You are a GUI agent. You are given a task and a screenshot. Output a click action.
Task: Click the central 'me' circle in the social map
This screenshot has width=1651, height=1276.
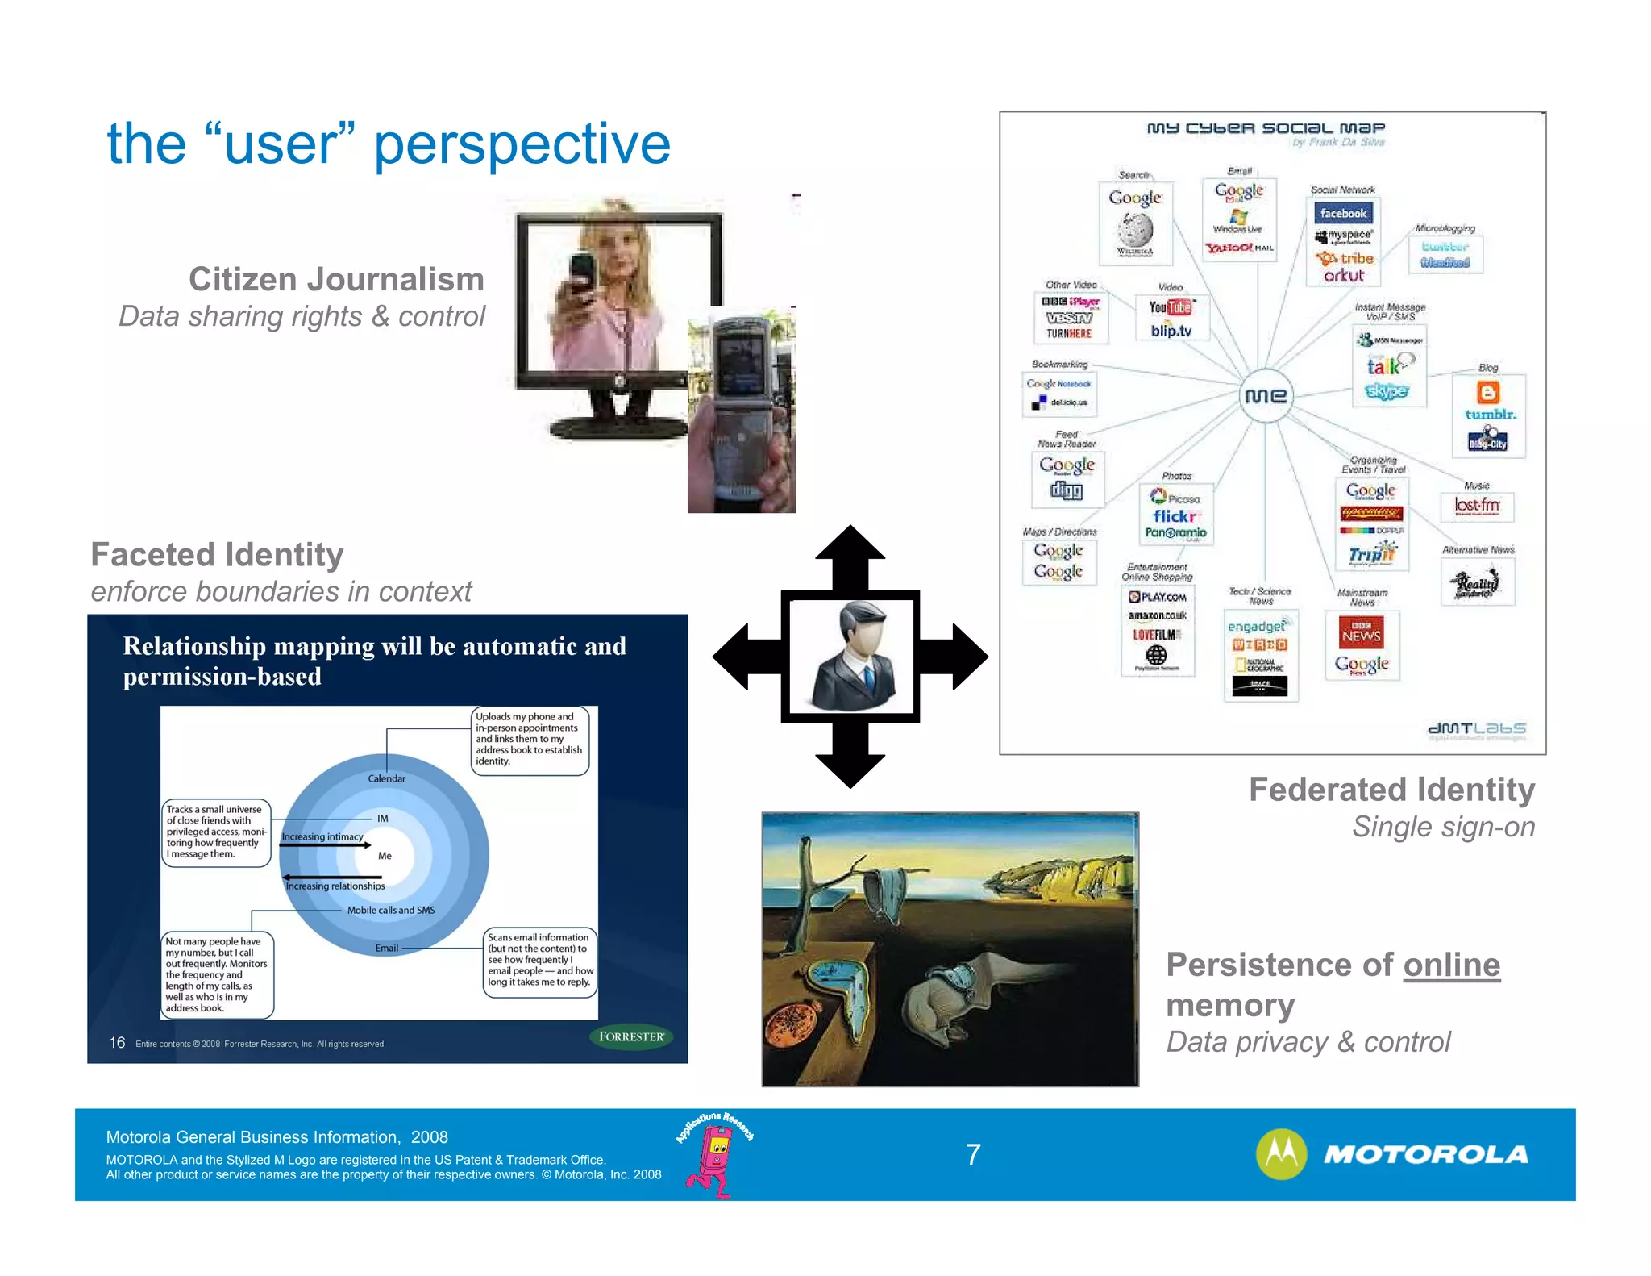click(x=1265, y=395)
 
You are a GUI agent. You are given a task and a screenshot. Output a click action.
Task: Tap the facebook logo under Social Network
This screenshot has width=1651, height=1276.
click(x=1343, y=213)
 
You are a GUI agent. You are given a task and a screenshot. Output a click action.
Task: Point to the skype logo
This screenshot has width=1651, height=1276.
click(x=1387, y=391)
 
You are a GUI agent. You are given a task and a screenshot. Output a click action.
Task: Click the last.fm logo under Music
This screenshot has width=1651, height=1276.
click(x=1477, y=506)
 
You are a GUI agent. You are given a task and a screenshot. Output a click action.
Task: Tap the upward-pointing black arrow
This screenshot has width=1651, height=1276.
click(x=850, y=557)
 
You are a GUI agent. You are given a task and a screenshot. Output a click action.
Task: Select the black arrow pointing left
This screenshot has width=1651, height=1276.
click(x=746, y=656)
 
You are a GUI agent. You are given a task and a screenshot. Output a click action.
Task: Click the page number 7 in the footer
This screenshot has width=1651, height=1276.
click(x=973, y=1155)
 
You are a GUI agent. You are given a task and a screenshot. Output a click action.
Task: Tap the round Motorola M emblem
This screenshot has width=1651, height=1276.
click(x=1281, y=1154)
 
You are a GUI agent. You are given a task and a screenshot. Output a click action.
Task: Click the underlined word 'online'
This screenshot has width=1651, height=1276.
click(x=1451, y=965)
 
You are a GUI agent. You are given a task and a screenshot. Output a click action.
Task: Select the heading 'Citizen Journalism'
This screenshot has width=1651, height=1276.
click(x=336, y=279)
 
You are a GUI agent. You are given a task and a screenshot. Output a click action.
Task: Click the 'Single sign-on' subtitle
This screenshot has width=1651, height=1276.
click(x=1443, y=827)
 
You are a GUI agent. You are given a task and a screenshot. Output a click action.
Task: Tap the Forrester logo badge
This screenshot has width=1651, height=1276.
click(x=631, y=1036)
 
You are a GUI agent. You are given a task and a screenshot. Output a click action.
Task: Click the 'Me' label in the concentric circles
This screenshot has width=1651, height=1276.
click(x=385, y=856)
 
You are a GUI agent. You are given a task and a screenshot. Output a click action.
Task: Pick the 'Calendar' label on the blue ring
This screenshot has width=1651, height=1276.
click(x=387, y=778)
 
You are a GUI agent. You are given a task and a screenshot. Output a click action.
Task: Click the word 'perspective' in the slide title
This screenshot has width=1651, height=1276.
click(x=522, y=144)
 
